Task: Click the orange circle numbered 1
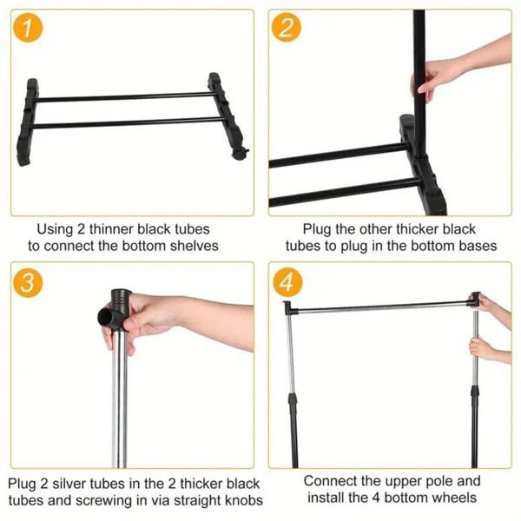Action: [28, 27]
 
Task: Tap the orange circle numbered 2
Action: [286, 27]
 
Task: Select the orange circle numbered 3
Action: [28, 282]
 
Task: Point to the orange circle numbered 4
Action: [287, 282]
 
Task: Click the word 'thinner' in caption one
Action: [111, 229]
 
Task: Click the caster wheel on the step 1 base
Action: [239, 154]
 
